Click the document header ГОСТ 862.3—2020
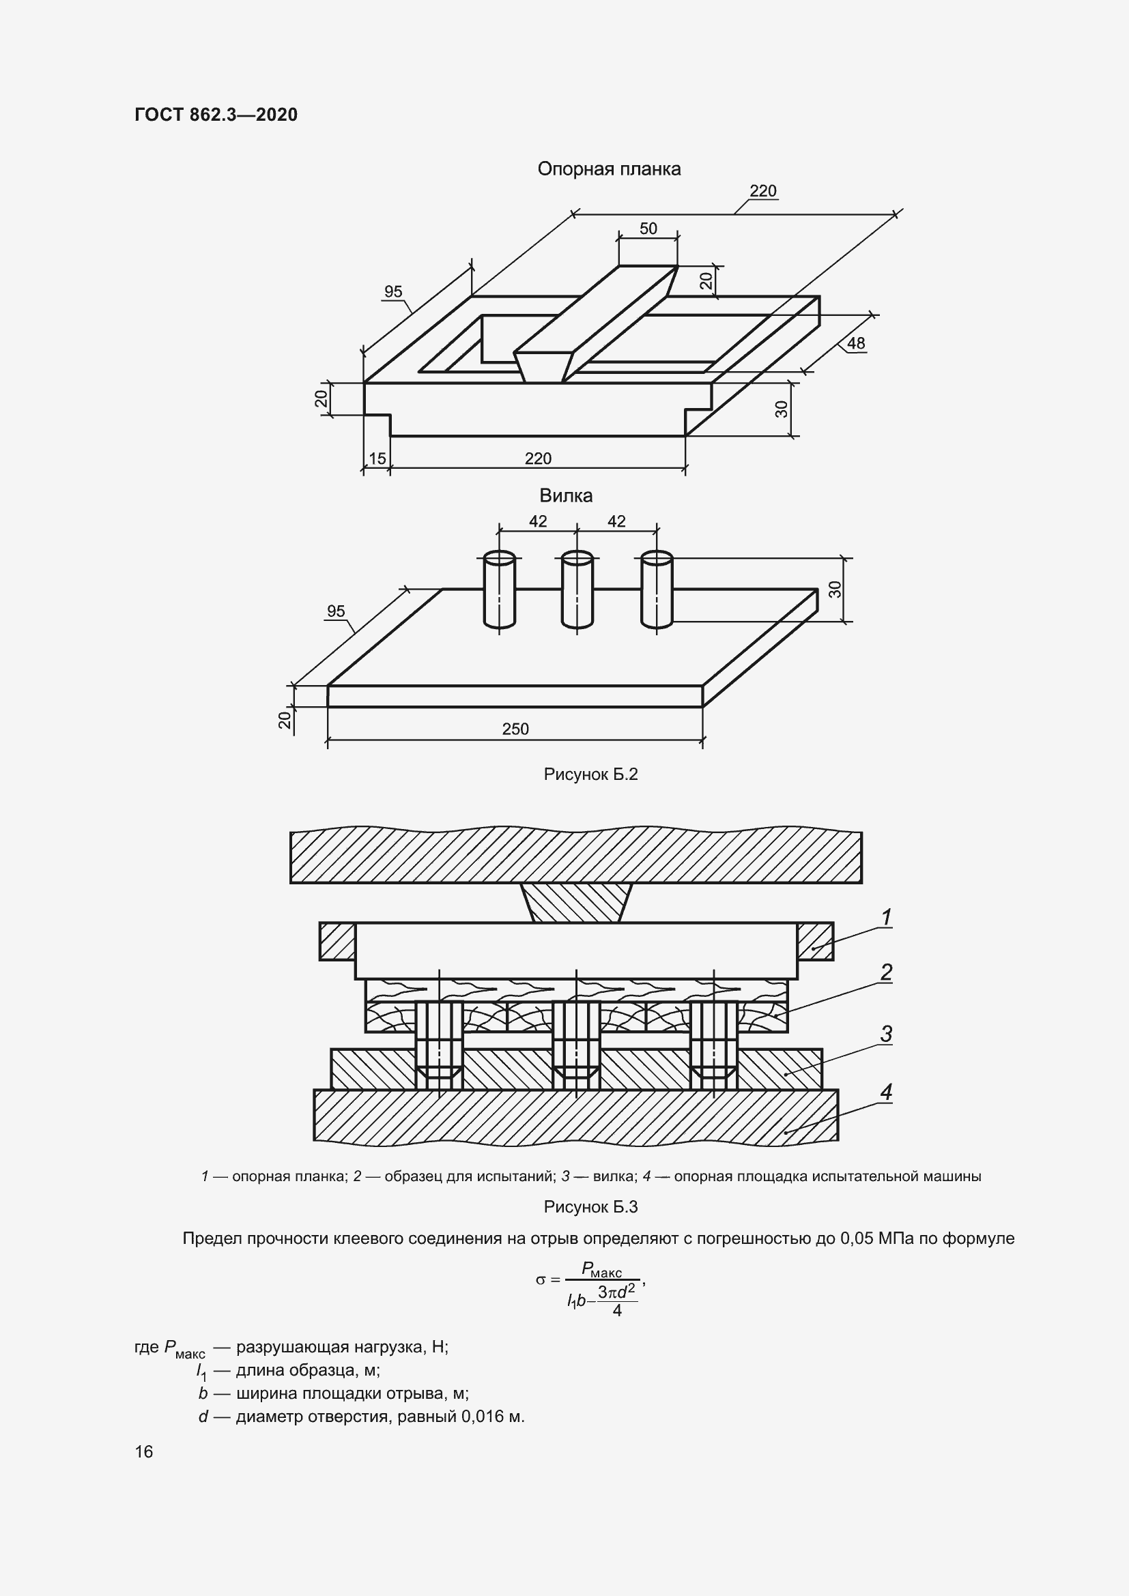tap(216, 115)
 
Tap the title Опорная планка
tap(609, 169)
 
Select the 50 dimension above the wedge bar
tap(648, 229)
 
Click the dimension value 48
tap(856, 343)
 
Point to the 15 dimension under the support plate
tap(377, 459)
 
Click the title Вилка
tap(566, 495)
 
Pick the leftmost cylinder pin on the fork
tap(499, 590)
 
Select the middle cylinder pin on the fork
tap(577, 590)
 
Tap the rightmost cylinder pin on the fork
tap(657, 590)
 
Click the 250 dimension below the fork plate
tap(515, 729)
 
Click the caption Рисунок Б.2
tap(590, 774)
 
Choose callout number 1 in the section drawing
tap(887, 918)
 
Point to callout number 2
tap(887, 972)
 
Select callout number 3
tap(887, 1034)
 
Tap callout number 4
tap(887, 1092)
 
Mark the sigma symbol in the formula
tap(540, 1279)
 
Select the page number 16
tap(144, 1452)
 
